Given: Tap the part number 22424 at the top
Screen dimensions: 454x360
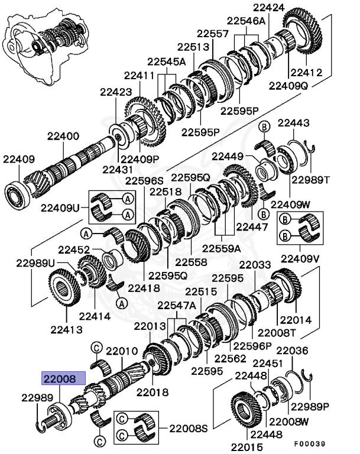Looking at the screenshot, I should click(x=269, y=8).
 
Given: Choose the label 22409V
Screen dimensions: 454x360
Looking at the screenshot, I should click(x=300, y=258).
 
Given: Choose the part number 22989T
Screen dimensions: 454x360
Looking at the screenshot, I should click(x=311, y=179).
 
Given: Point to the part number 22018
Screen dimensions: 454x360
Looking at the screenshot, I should click(x=152, y=391).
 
